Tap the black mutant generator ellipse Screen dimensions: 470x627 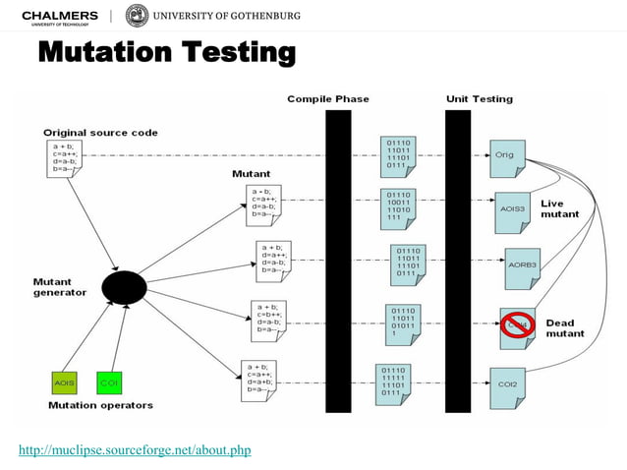(122, 287)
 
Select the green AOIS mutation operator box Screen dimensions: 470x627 (65, 381)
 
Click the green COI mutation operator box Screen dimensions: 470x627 (109, 381)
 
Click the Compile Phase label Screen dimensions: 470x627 (326, 99)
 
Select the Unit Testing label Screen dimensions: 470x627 (479, 99)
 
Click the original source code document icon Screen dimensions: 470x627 (61, 159)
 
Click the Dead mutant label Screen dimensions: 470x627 (566, 327)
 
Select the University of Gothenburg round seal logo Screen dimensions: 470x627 (138, 16)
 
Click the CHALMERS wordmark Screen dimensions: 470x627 (60, 15)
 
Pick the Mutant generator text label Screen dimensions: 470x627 (60, 286)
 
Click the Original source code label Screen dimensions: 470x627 (99, 132)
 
